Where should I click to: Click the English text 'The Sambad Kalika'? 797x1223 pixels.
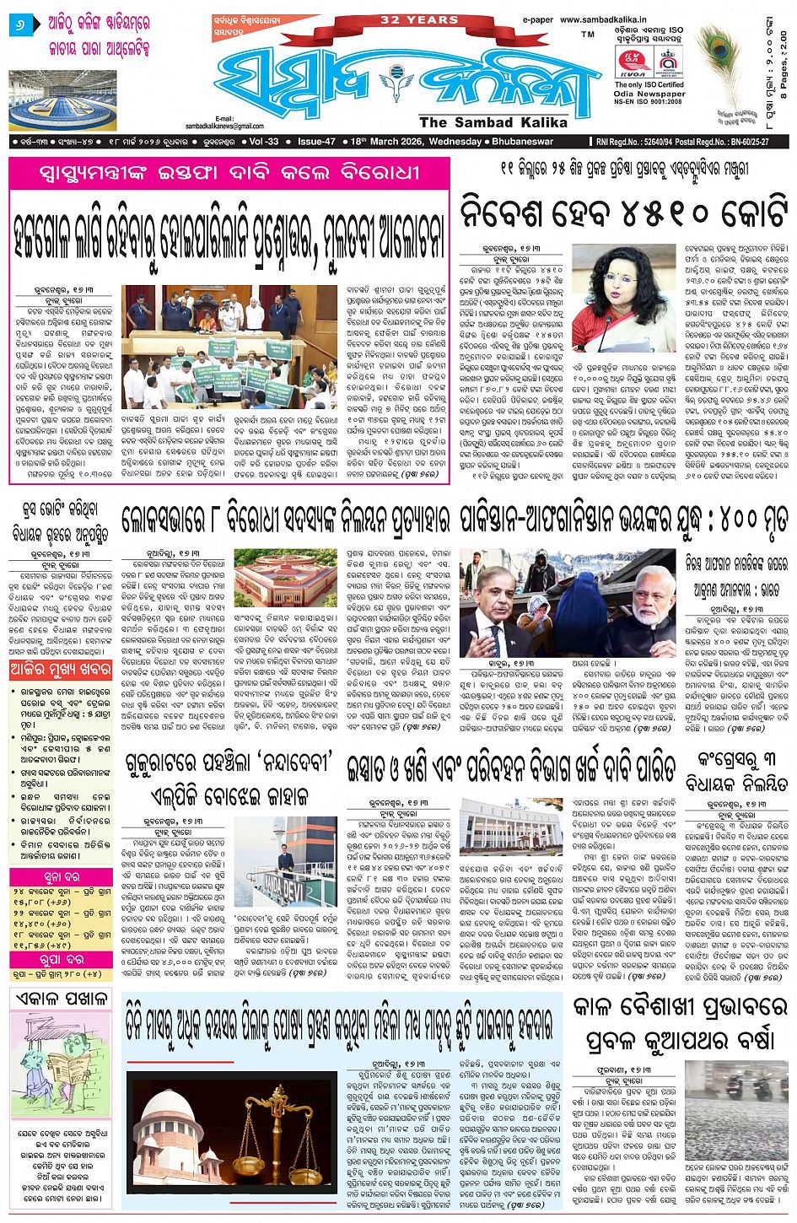(482, 123)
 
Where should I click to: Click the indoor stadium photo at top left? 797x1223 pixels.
(62, 100)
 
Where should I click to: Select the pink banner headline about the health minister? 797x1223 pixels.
(229, 175)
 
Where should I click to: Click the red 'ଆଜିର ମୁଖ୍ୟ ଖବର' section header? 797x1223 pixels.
(61, 671)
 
